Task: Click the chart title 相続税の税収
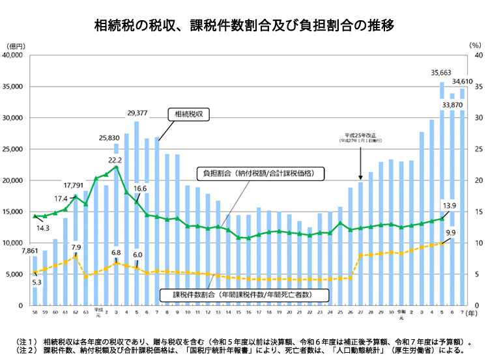tap(244, 25)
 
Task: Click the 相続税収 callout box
tap(190, 114)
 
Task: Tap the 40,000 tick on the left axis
tap(14, 56)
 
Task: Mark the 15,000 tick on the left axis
tap(14, 212)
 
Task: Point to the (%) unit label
tap(474, 46)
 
